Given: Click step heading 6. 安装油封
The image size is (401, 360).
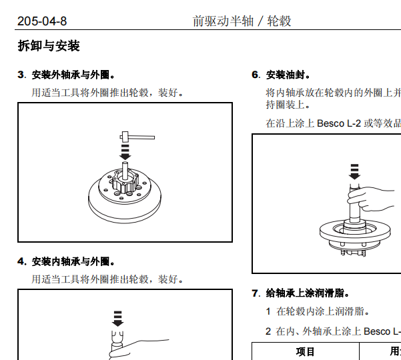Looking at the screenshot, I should click(x=280, y=75).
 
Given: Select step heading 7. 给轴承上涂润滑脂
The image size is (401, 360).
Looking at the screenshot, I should click(x=300, y=293).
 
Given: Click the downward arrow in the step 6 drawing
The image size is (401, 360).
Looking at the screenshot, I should click(x=354, y=171).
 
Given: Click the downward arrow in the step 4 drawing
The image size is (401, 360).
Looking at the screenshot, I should click(x=118, y=319).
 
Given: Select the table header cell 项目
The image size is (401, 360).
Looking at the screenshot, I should click(x=305, y=351).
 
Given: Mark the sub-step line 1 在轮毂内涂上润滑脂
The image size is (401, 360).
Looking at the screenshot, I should click(x=317, y=311).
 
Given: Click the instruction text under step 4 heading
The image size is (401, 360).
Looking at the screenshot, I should click(x=107, y=278).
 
